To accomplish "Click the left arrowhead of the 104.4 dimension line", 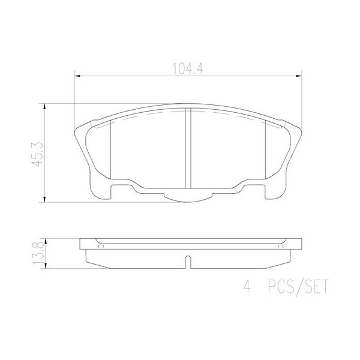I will point(76,76).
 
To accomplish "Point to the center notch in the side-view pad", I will point(187,261).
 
